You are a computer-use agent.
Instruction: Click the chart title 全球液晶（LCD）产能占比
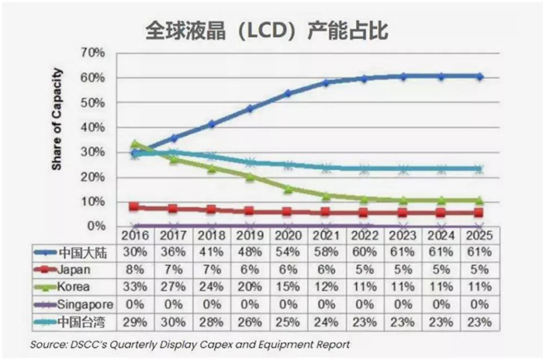click(x=271, y=29)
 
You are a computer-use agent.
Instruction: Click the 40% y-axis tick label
click(x=93, y=127)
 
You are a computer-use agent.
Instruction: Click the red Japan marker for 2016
click(x=135, y=207)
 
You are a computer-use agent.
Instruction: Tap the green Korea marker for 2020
click(x=288, y=189)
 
